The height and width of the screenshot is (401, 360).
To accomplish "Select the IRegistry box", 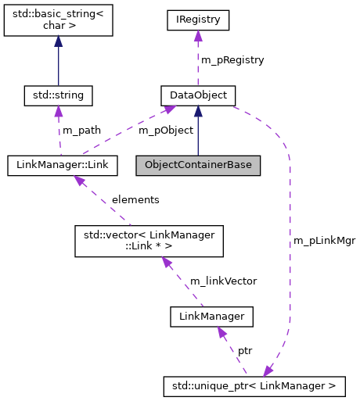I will [197, 20].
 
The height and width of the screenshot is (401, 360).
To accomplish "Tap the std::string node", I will [59, 96].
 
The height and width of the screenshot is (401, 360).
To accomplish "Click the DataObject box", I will [197, 96].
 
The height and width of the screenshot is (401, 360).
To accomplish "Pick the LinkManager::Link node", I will [63, 165].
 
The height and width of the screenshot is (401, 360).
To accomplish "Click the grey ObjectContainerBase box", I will [197, 165].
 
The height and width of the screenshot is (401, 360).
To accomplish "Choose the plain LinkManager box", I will [211, 317].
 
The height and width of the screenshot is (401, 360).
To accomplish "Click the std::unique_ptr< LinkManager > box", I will [254, 385].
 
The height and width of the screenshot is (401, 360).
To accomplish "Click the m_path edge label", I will [81, 130].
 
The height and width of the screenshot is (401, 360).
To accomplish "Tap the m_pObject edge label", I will [165, 130].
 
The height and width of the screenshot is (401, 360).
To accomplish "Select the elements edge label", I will [135, 199].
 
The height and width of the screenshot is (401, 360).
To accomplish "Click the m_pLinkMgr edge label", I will [324, 241].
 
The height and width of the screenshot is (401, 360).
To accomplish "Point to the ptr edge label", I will [245, 351].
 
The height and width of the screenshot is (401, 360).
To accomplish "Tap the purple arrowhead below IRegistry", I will [197, 37].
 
